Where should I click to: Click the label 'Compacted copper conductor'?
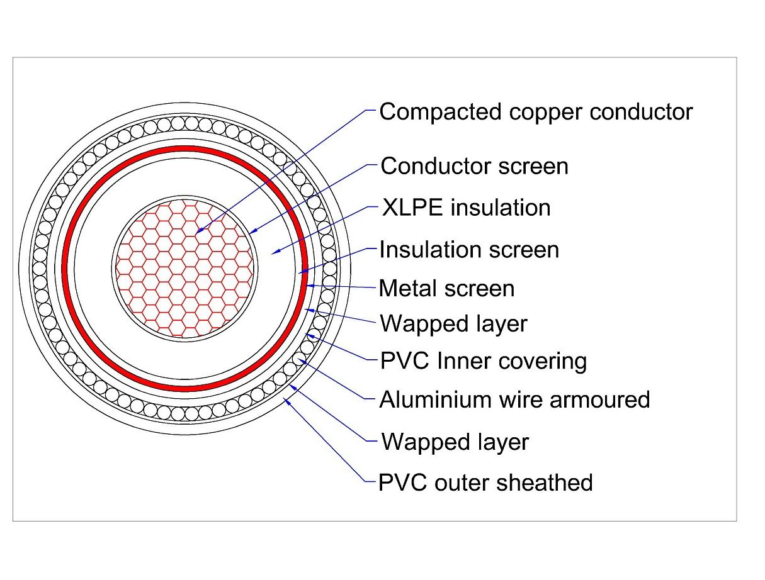point(536,113)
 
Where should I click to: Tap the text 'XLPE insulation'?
point(467,208)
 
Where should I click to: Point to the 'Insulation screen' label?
point(469,250)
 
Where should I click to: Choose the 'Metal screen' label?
point(446,288)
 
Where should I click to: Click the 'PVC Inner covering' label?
point(484,361)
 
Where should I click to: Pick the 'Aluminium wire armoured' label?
point(514,399)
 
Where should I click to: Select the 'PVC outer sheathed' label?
point(485,482)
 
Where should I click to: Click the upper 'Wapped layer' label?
point(453,325)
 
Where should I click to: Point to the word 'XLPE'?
point(412,208)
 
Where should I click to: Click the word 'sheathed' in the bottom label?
point(545,482)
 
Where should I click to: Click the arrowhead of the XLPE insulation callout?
point(275,252)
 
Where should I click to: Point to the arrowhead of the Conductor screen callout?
point(253,231)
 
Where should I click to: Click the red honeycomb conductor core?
point(184,269)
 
